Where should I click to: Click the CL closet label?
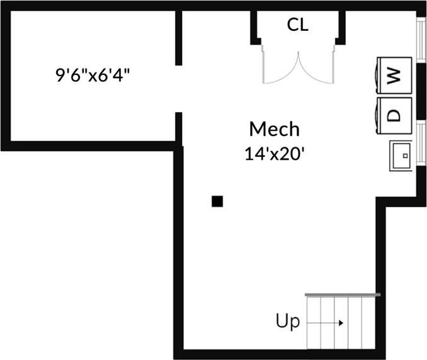[298, 25]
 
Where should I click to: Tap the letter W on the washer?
[394, 76]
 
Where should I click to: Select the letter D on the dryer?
[394, 115]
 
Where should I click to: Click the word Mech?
[274, 130]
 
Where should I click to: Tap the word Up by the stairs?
[287, 322]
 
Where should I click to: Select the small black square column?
[217, 201]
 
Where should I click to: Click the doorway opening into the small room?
[179, 88]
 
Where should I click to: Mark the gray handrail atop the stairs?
[343, 295]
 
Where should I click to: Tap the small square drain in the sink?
[406, 154]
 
